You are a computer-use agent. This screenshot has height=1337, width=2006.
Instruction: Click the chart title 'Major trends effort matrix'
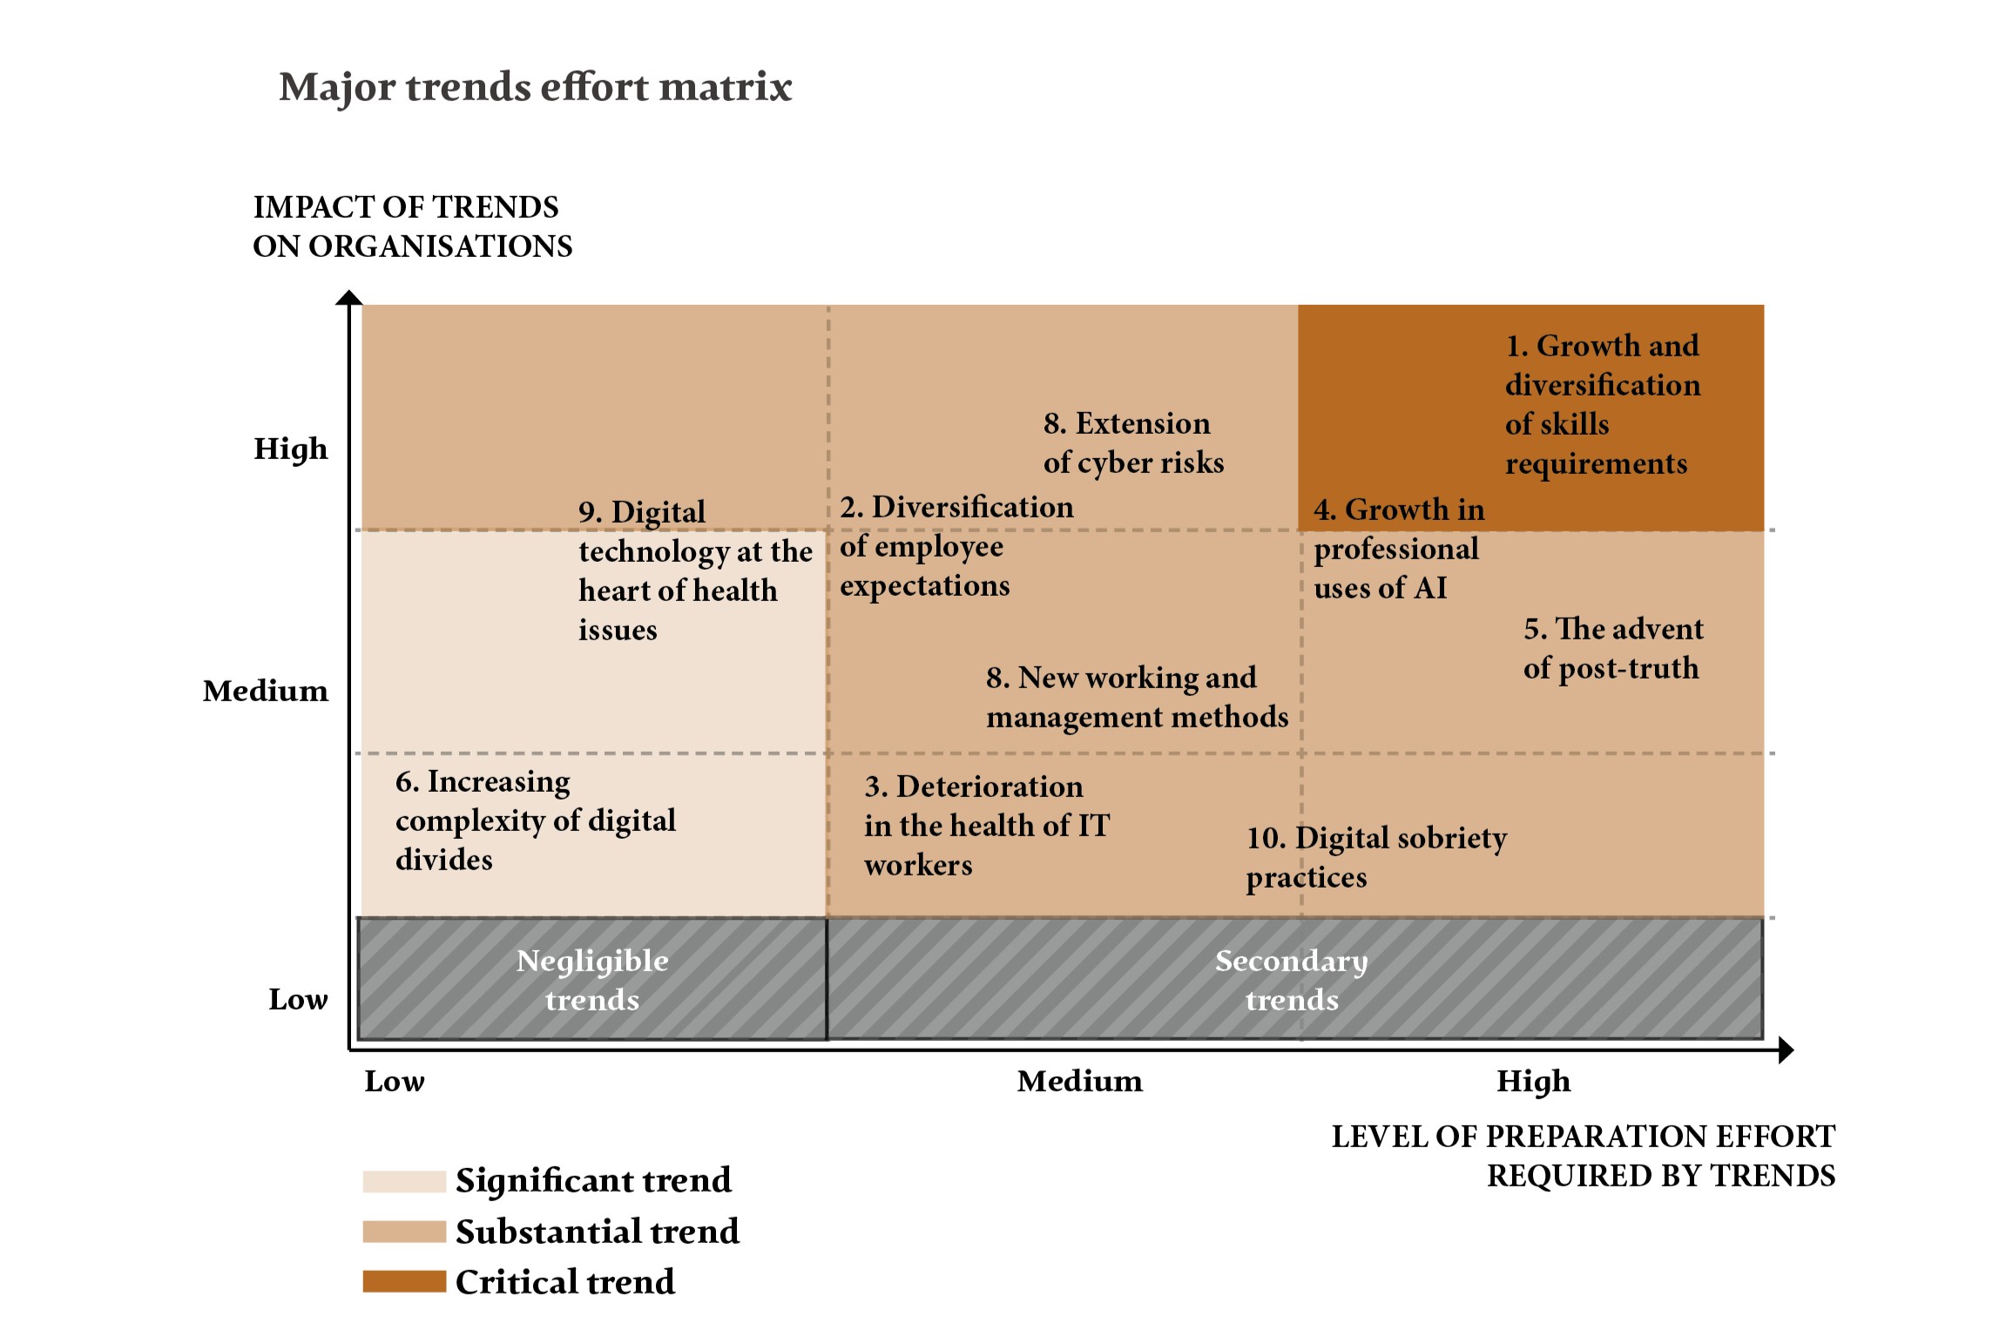[x=535, y=87]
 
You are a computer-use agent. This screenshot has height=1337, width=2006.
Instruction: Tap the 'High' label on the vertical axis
[x=291, y=449]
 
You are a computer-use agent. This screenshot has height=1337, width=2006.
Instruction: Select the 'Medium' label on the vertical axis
[x=266, y=691]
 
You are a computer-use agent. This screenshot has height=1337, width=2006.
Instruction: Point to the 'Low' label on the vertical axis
[x=298, y=999]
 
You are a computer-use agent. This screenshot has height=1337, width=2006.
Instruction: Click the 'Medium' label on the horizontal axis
[x=1079, y=1081]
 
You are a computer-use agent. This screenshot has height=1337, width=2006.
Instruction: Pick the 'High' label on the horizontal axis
[x=1533, y=1081]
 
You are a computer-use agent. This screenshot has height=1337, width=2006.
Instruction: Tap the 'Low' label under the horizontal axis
[x=395, y=1081]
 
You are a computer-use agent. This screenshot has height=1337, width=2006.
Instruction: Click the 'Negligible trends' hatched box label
[x=592, y=980]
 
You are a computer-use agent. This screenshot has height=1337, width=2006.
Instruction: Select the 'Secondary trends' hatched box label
[x=1292, y=980]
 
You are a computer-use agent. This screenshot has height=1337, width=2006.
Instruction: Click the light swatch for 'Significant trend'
[x=404, y=1181]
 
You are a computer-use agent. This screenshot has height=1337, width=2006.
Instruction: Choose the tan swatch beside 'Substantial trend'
[x=404, y=1232]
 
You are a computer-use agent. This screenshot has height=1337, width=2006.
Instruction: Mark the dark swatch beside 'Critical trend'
[x=404, y=1281]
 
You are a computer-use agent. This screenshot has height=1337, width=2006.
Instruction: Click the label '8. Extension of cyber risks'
[x=1133, y=443]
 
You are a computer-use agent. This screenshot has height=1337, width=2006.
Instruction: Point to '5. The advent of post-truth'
[x=1612, y=649]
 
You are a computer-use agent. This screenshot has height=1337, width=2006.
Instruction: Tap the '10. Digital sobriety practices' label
[x=1376, y=858]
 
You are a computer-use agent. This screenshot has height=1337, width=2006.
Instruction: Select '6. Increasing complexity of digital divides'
[x=535, y=820]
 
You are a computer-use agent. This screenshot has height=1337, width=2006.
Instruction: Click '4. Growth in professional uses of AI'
[x=1398, y=549]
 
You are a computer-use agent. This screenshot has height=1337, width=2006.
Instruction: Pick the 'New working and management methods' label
[x=1137, y=698]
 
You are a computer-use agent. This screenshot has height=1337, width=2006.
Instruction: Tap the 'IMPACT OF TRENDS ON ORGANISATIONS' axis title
[x=412, y=226]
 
